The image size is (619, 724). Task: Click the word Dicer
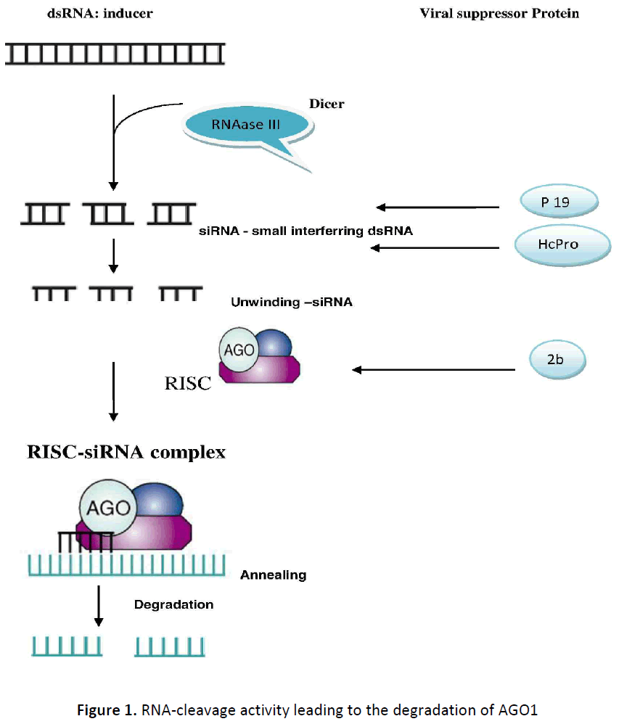coord(327,104)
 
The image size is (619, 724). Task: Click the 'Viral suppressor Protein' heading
coord(499,14)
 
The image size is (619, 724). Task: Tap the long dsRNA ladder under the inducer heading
coord(115,53)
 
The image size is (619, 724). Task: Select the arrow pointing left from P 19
coord(438,207)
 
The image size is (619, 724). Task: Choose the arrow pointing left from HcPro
coord(435,248)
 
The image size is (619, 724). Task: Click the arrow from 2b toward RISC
coord(434,369)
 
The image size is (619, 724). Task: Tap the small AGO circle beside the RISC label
coord(238,350)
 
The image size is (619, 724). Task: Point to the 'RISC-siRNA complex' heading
coord(126,453)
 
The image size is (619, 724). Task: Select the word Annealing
coord(273,575)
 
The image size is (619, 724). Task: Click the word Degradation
coord(173,604)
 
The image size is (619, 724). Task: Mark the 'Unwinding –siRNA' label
coord(291,302)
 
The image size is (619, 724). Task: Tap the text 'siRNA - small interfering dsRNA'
coord(306,232)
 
